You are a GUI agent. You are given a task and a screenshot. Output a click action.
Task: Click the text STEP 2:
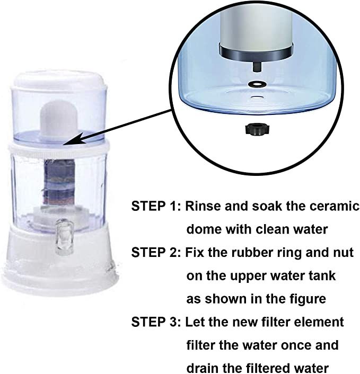[x=156, y=253]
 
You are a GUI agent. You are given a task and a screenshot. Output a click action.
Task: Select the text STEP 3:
[x=156, y=322]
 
